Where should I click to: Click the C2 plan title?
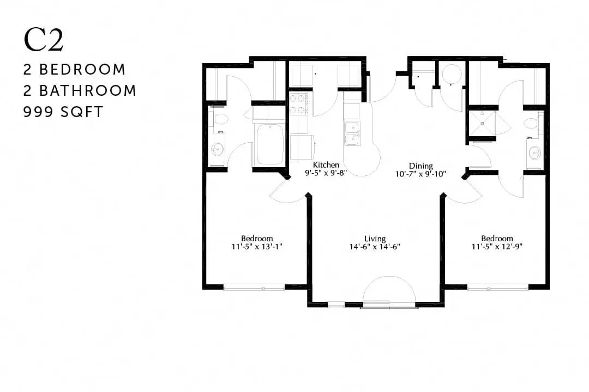pos(44,40)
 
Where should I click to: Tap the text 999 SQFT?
pos(63,112)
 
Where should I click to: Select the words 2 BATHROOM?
pos(80,91)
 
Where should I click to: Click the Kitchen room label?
pos(326,164)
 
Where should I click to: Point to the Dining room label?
pos(420,166)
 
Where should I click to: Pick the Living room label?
pos(375,238)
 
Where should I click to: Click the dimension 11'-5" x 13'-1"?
pos(257,247)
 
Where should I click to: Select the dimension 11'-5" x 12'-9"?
pos(497,247)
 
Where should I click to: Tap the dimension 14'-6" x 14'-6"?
pos(375,247)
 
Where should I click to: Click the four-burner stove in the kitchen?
pos(299,105)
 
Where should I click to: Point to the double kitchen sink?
pos(353,133)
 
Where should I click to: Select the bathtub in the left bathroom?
pos(269,144)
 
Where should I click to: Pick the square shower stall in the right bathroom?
pos(482,123)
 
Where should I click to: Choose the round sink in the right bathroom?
pos(536,153)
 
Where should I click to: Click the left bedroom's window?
pos(254,287)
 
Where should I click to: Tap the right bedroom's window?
pos(498,287)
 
